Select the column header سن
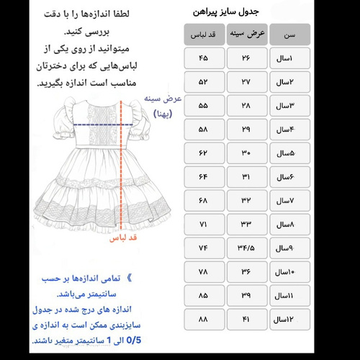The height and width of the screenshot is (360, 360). [x=289, y=33]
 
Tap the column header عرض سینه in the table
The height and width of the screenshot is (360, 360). [x=247, y=33]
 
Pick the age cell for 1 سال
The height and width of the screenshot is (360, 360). [x=289, y=58]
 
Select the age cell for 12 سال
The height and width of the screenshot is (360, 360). [x=289, y=318]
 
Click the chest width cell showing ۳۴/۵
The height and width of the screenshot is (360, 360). [x=247, y=248]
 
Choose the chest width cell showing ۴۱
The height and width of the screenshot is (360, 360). [x=247, y=318]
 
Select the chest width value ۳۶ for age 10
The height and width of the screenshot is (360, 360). [x=247, y=271]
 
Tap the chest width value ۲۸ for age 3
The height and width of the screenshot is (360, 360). [x=247, y=106]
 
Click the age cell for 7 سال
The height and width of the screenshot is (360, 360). [x=289, y=200]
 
